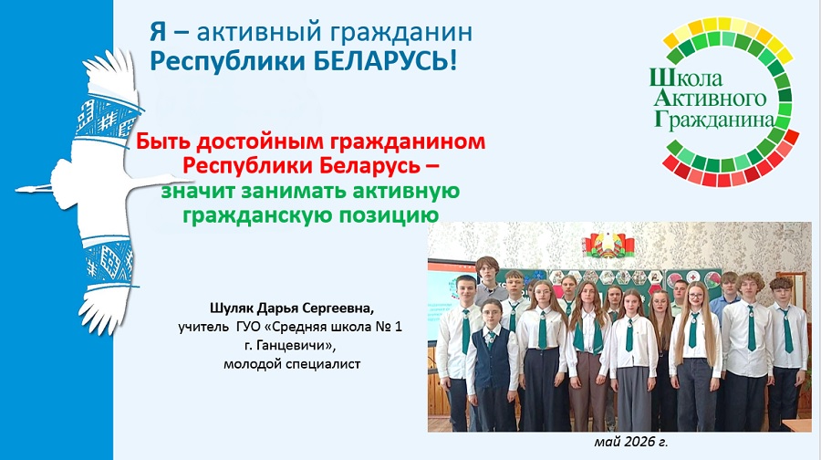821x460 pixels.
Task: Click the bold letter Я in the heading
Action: pos(158,31)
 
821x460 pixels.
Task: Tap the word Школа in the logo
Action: pos(686,78)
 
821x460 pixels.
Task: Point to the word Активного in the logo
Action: pos(711,98)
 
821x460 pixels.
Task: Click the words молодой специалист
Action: pos(292,363)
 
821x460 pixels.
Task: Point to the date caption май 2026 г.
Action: pos(631,442)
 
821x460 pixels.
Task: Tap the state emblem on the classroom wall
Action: pos(608,246)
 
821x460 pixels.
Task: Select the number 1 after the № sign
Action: pos(398,327)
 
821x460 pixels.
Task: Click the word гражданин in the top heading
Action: pos(400,33)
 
